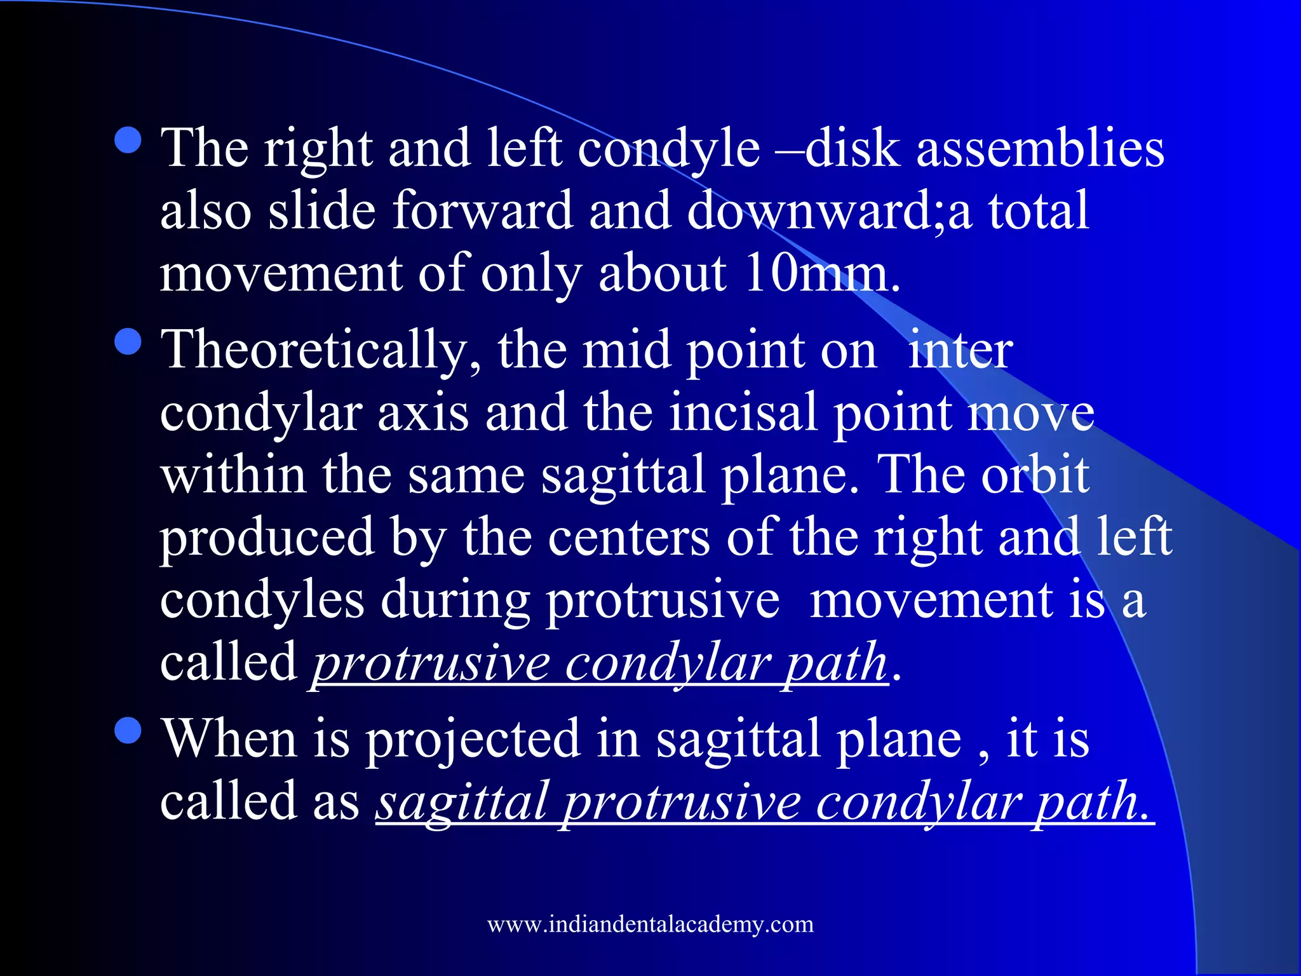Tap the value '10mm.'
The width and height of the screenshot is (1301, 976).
[822, 274]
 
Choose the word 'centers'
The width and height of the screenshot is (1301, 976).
[628, 538]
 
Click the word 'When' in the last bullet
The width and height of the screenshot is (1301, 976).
[229, 738]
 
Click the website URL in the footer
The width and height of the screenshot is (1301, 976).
[650, 924]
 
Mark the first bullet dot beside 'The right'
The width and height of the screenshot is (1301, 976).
[129, 141]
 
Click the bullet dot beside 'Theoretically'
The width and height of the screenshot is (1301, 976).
[129, 342]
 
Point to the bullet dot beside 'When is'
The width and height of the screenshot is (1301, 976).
[129, 730]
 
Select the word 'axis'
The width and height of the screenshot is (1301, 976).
[423, 412]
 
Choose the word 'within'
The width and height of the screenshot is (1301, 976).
[233, 475]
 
